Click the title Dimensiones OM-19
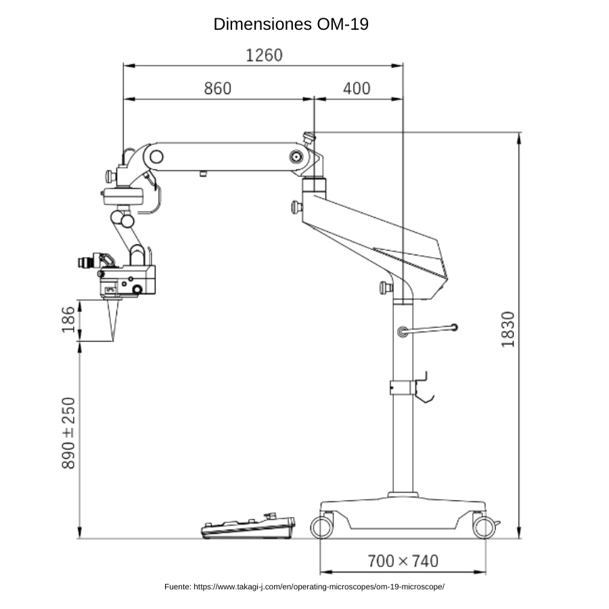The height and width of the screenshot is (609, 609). (291, 24)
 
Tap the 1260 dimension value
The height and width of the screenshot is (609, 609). (264, 55)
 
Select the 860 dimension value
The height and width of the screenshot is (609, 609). (217, 88)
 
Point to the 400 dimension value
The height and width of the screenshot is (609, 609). (357, 88)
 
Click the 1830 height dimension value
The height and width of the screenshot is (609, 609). (507, 329)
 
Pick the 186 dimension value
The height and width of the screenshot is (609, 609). (68, 319)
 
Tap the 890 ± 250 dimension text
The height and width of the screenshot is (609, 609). (68, 433)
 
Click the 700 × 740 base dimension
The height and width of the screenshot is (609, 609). (403, 561)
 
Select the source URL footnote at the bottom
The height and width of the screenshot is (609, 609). (304, 587)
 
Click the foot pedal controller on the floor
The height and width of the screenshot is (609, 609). (248, 526)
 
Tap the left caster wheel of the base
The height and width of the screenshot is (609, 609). (321, 527)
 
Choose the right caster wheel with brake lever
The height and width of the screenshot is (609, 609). (486, 527)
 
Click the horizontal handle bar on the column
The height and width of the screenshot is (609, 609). (428, 330)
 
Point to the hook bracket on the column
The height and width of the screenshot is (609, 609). (424, 388)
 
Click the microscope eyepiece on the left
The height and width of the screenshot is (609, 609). (89, 261)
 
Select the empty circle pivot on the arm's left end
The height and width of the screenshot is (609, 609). (156, 157)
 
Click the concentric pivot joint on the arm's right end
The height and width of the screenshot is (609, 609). (296, 157)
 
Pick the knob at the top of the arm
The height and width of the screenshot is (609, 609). (309, 139)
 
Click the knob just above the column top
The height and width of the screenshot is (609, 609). (386, 288)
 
